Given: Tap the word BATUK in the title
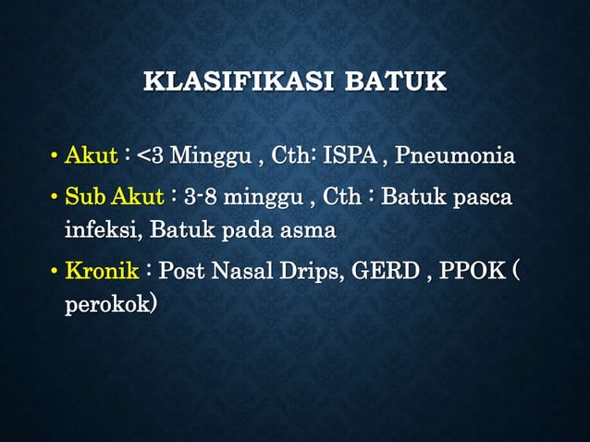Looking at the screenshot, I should pyautogui.click(x=395, y=81).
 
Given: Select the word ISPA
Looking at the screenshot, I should pyautogui.click(x=349, y=155).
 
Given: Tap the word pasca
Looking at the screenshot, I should pyautogui.click(x=484, y=198).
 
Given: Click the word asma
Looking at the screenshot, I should pyautogui.click(x=306, y=228).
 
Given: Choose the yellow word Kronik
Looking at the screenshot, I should pyautogui.click(x=102, y=272).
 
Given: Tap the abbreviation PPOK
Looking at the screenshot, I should pyautogui.click(x=473, y=272).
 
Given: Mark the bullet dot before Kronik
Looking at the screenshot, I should pyautogui.click(x=55, y=273).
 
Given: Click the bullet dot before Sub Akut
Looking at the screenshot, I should pyautogui.click(x=55, y=199).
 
